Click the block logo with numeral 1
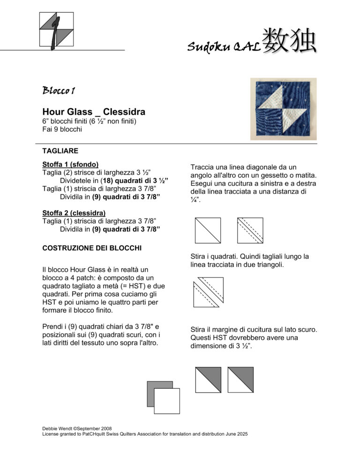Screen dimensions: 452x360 click(x=56, y=29)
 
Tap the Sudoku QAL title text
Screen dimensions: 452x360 click(x=223, y=46)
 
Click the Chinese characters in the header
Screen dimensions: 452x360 click(x=289, y=41)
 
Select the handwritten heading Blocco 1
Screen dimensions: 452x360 click(x=59, y=91)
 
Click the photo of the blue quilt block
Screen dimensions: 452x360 click(x=283, y=109)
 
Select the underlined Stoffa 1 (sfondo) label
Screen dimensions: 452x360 click(x=70, y=164)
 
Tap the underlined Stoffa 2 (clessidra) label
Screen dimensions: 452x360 click(x=74, y=213)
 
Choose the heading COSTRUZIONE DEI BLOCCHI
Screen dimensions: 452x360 click(x=92, y=248)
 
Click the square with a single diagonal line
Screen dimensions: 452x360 click(x=208, y=230)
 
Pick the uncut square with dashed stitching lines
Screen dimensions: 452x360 click(x=250, y=230)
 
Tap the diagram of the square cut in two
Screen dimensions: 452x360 click(x=208, y=292)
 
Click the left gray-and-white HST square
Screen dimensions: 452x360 click(x=208, y=379)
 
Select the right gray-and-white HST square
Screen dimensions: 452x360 click(x=240, y=379)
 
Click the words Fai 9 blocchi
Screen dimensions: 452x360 click(x=62, y=129)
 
